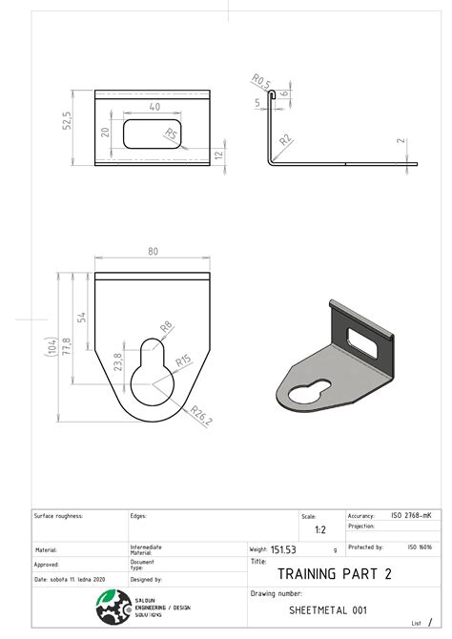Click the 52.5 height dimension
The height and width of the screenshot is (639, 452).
(68, 126)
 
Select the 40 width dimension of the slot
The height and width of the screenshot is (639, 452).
(154, 108)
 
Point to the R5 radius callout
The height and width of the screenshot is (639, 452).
(171, 134)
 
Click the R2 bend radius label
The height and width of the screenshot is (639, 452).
(285, 140)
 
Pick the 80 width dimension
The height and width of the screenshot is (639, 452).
(153, 252)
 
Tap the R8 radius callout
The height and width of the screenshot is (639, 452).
(165, 327)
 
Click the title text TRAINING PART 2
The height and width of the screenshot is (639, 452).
(334, 574)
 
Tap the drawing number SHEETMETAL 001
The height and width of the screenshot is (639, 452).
(327, 608)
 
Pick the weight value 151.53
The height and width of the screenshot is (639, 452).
(284, 549)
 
